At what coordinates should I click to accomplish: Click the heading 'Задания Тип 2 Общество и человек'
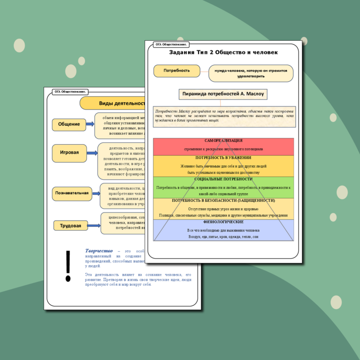click(x=223, y=52)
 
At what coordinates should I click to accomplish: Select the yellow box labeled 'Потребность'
click(x=176, y=71)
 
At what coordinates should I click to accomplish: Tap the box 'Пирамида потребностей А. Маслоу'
click(x=223, y=94)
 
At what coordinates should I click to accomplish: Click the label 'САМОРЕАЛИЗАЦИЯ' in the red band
click(x=223, y=141)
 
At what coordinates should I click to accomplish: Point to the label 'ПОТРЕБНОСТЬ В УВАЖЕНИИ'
click(x=223, y=158)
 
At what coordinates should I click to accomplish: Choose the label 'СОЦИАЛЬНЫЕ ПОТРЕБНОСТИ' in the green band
click(x=223, y=179)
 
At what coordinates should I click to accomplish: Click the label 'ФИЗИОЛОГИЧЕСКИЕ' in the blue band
click(x=223, y=222)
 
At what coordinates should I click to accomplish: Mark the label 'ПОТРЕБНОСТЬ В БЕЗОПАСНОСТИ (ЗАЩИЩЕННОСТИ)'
click(x=223, y=200)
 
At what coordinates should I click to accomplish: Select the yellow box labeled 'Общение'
click(x=69, y=124)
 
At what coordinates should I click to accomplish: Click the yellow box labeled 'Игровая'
click(x=69, y=152)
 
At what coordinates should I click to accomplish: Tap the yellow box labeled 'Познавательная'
click(x=72, y=193)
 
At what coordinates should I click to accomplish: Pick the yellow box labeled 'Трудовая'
click(x=71, y=226)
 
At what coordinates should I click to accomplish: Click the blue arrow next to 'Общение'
click(x=91, y=124)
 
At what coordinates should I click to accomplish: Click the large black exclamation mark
click(x=68, y=266)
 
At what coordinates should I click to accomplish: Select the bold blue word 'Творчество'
click(x=99, y=251)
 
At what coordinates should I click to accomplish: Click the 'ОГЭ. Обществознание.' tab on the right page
click(x=171, y=44)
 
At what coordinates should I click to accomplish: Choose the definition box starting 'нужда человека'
click(x=251, y=73)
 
